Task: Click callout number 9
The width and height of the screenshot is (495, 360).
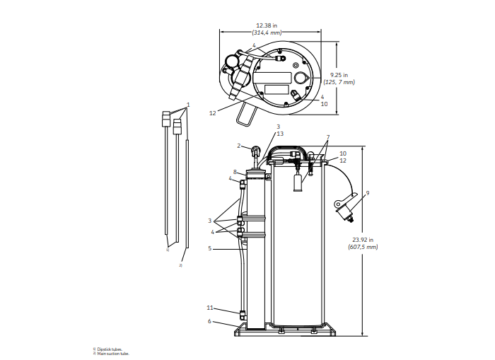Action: [368, 192]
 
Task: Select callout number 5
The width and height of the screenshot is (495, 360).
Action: [210, 248]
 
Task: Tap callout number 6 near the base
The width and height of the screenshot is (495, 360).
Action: [209, 321]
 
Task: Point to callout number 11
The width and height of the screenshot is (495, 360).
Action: [210, 308]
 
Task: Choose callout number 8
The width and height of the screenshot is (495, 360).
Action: [235, 172]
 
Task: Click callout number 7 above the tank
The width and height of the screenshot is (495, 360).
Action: [328, 137]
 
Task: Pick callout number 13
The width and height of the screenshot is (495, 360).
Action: [280, 133]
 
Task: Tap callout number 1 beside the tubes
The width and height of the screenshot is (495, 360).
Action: [189, 105]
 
